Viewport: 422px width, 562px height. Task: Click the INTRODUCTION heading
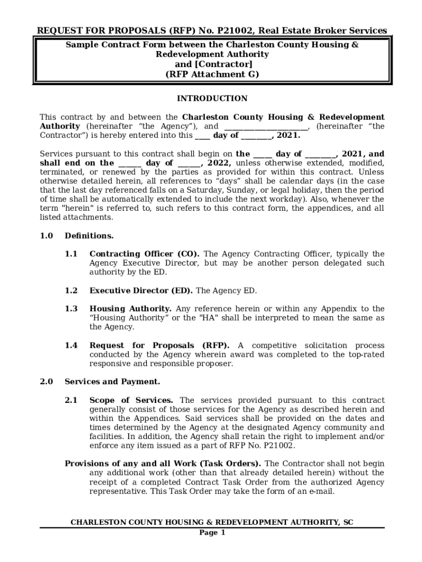[x=212, y=99]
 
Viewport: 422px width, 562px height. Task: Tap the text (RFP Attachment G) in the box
[x=212, y=74]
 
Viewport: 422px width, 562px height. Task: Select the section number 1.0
[x=46, y=236]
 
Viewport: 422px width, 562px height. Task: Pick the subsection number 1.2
[x=71, y=291]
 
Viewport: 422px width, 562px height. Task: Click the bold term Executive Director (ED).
[x=141, y=291]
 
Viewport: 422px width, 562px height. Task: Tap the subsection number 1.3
[x=71, y=309]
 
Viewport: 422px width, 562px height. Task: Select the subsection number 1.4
[x=71, y=346]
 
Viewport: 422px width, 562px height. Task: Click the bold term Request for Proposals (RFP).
[x=159, y=346]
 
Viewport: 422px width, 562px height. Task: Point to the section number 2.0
[x=46, y=382]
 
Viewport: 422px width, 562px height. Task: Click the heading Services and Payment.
[x=112, y=382]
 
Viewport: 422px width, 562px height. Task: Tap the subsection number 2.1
[x=71, y=401]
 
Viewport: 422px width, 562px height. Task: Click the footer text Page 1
[x=212, y=533]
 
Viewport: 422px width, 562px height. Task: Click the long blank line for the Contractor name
[x=266, y=127]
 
